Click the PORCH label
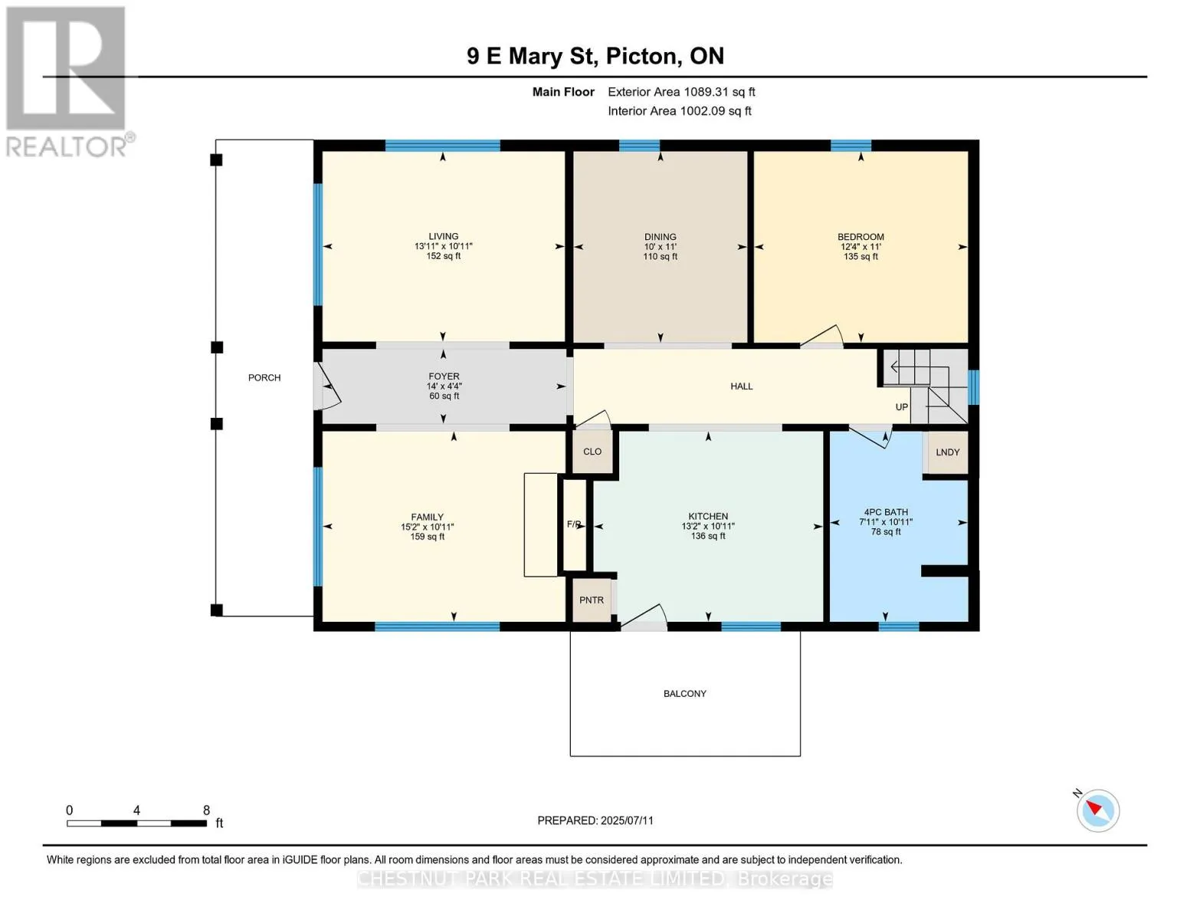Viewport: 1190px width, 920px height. tap(264, 377)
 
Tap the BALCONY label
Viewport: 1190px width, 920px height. tap(684, 694)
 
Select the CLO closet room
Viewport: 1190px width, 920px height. tap(592, 452)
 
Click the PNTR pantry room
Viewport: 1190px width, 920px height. tap(592, 600)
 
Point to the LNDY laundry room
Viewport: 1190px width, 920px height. tap(947, 452)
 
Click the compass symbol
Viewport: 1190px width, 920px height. tap(1097, 811)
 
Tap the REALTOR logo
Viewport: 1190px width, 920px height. tap(68, 82)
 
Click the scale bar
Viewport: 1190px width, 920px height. tap(137, 823)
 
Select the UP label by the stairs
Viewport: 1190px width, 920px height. tap(901, 407)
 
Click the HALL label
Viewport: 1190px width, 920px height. tap(742, 386)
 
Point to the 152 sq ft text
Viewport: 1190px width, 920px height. tap(444, 256)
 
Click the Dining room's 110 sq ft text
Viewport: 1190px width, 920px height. tap(660, 256)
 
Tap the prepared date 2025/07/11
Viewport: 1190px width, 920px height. tap(627, 820)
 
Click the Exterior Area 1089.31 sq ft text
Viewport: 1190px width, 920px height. tap(681, 92)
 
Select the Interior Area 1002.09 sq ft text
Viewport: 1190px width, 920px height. tap(680, 111)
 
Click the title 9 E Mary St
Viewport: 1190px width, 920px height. tap(532, 57)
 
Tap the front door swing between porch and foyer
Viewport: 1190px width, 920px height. tap(327, 386)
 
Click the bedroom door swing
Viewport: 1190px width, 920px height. tap(821, 336)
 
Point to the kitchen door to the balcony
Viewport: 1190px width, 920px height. tap(644, 617)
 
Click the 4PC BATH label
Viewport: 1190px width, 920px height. tap(886, 512)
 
